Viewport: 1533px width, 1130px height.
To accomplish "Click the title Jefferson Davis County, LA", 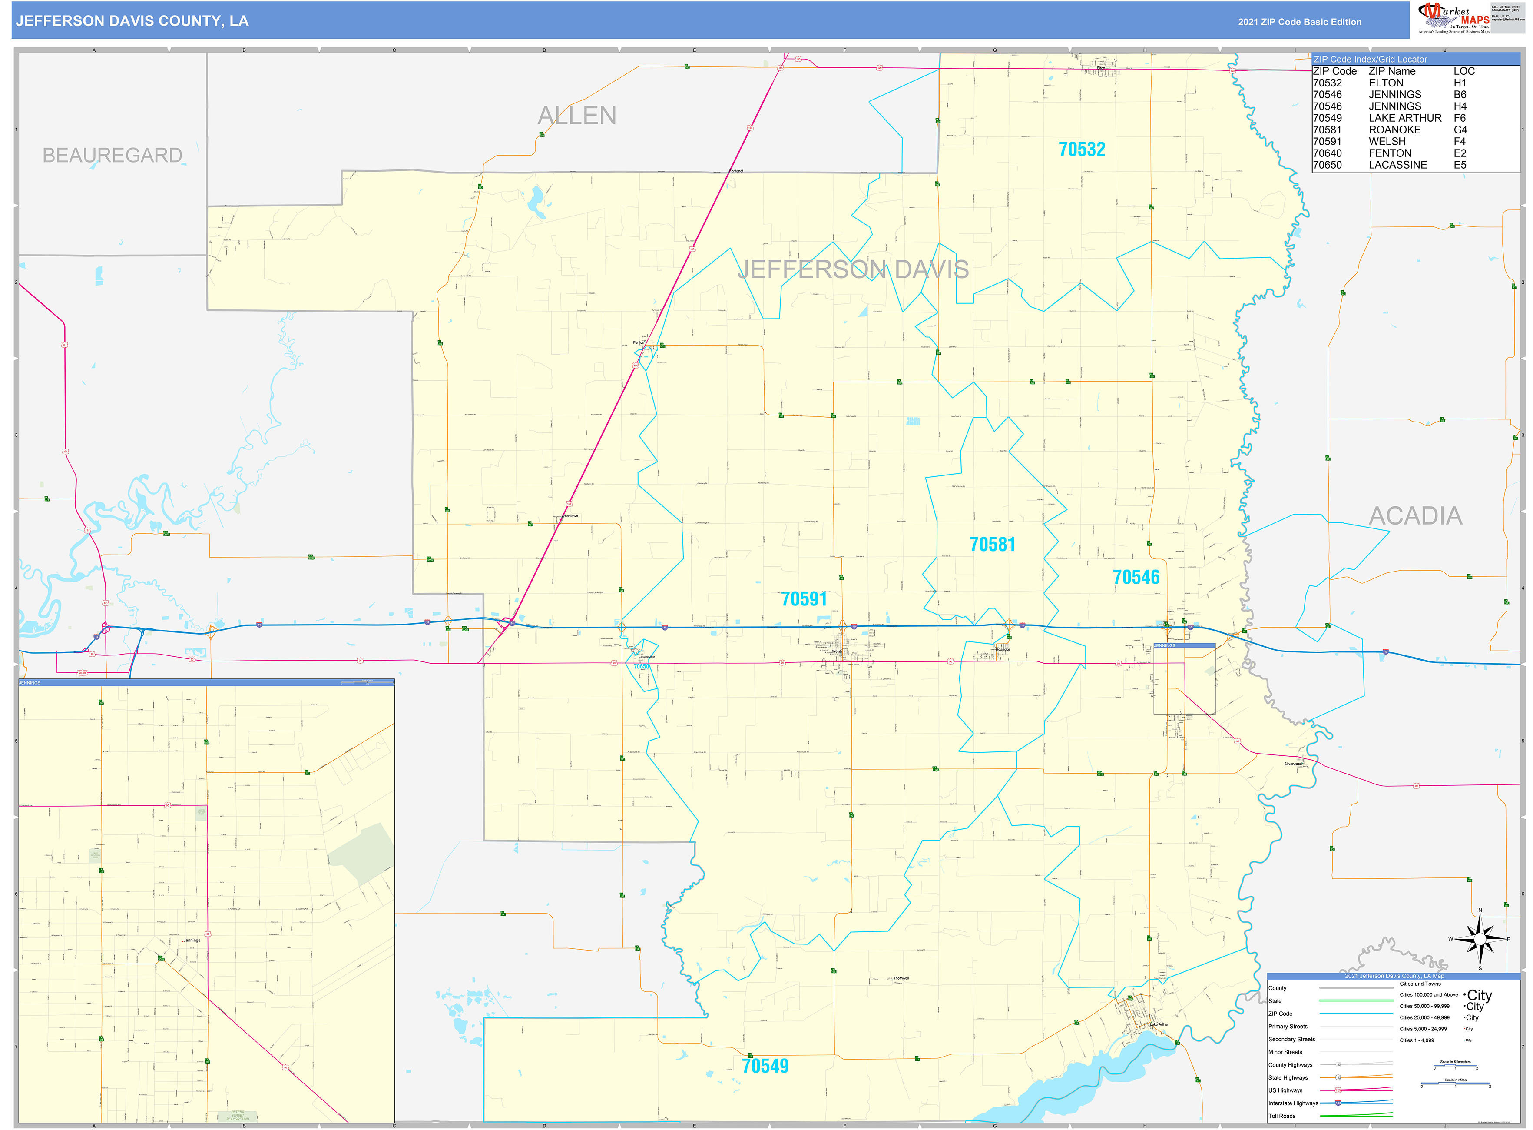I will (x=132, y=21).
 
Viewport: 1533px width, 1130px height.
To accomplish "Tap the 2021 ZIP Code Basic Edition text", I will (x=1299, y=22).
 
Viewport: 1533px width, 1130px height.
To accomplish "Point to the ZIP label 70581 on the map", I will (x=992, y=545).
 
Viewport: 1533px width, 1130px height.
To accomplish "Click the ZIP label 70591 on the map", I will (x=804, y=599).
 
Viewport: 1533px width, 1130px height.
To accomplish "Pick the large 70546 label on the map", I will (x=1136, y=577).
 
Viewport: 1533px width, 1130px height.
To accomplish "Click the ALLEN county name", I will (x=576, y=116).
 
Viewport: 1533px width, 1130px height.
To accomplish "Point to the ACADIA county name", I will (x=1415, y=516).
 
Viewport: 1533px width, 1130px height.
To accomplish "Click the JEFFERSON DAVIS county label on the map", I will (x=853, y=269).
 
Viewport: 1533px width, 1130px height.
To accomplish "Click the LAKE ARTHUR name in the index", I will (x=1404, y=118).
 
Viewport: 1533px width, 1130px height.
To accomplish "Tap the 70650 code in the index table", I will (x=1327, y=165).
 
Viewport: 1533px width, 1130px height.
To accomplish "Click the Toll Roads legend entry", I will (x=1281, y=1116).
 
